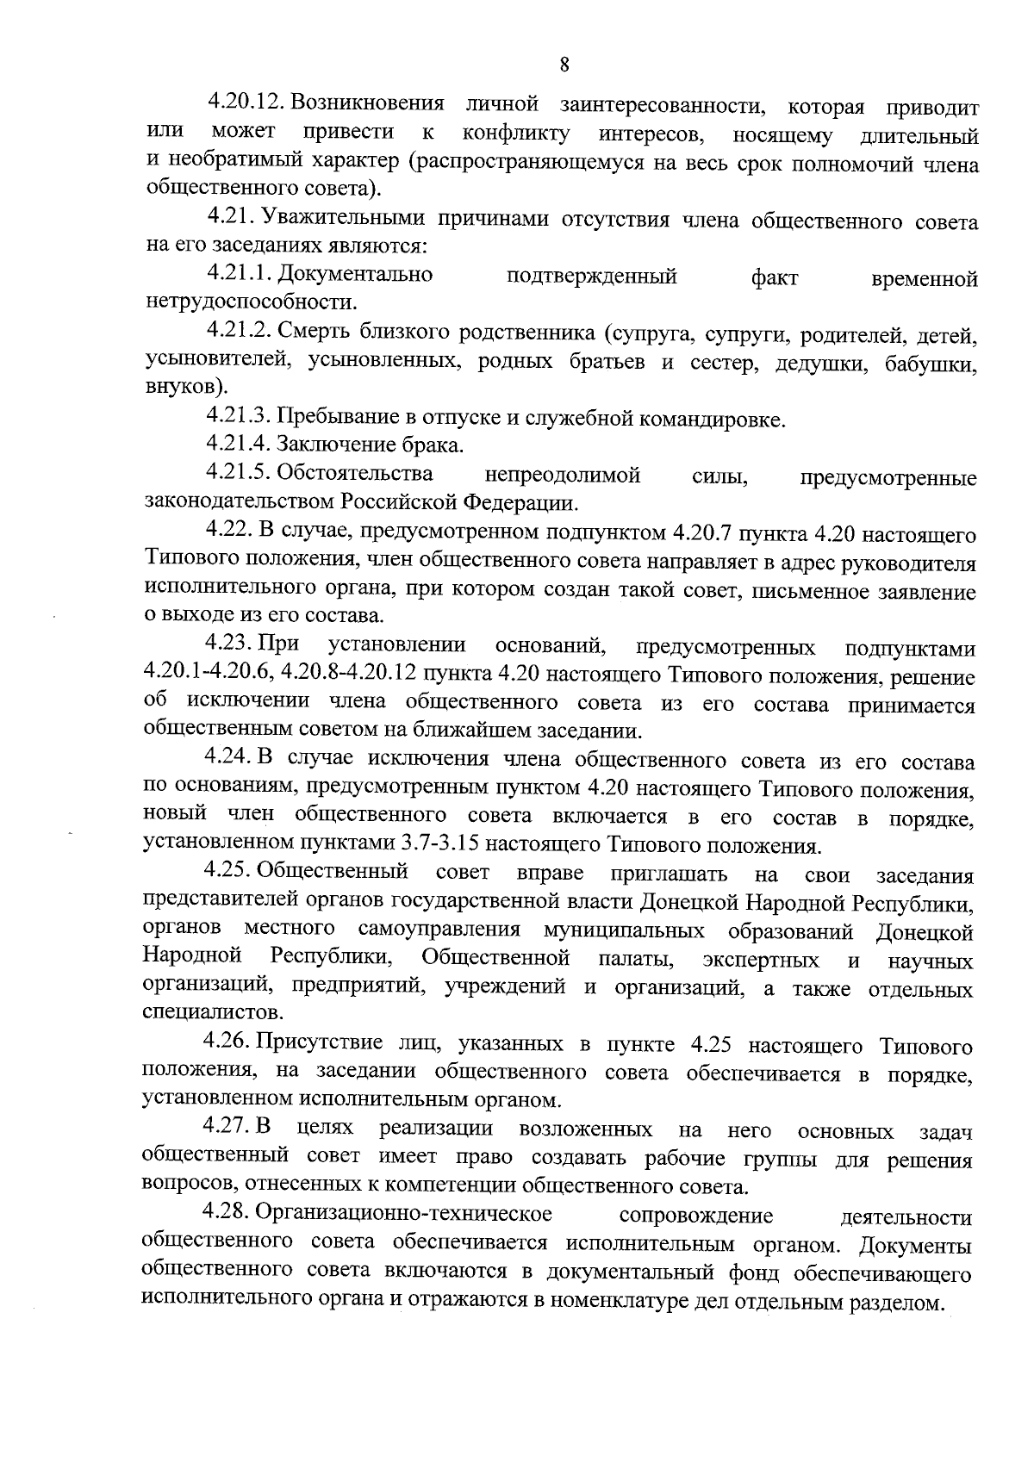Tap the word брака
(x=433, y=445)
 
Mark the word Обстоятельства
(x=356, y=474)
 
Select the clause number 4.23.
(x=227, y=644)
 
